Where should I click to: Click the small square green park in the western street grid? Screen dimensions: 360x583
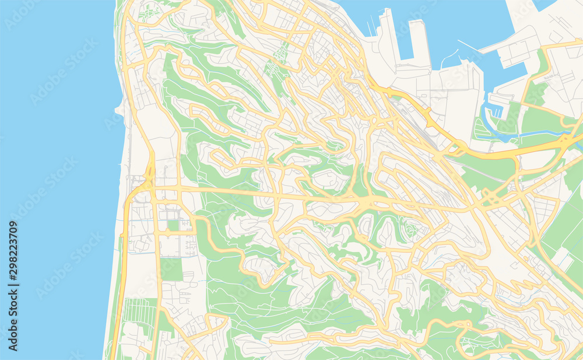173,225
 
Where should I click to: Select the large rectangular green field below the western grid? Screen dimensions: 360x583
171,269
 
